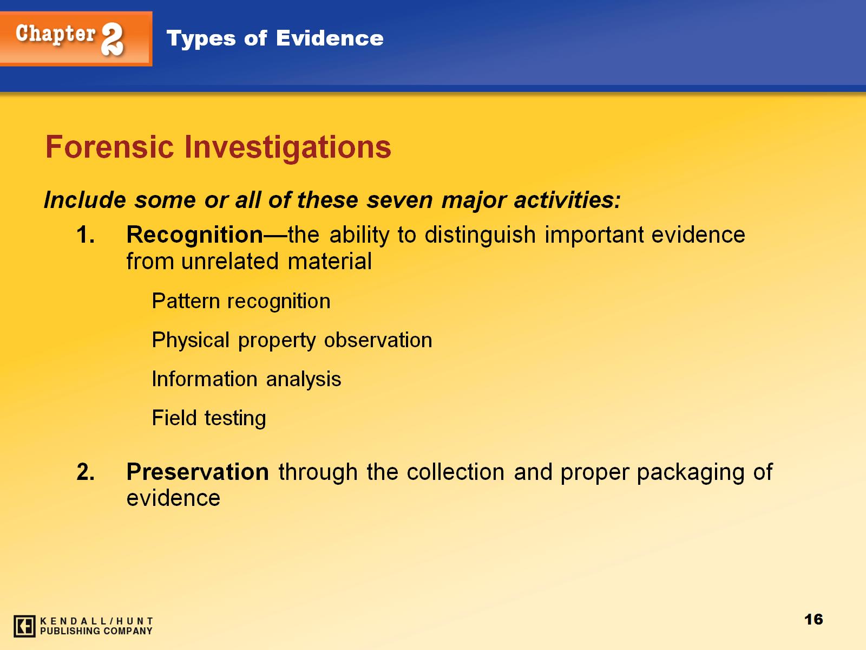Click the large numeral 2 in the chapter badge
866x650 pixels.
click(113, 38)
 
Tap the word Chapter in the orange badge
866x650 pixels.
click(56, 34)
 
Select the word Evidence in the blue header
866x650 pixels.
click(330, 38)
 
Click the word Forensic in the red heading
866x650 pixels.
click(110, 147)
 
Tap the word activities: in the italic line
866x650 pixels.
click(567, 200)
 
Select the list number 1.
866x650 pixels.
click(86, 235)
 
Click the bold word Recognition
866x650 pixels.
click(194, 236)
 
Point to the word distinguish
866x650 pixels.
click(480, 236)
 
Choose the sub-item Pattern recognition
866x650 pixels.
click(241, 302)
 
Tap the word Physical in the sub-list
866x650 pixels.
click(191, 341)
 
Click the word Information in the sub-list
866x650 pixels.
click(205, 379)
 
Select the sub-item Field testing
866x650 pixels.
click(209, 419)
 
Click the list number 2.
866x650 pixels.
click(86, 472)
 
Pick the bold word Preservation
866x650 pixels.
click(198, 472)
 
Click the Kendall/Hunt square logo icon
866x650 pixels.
click(24, 626)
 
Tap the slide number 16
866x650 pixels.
click(813, 619)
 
